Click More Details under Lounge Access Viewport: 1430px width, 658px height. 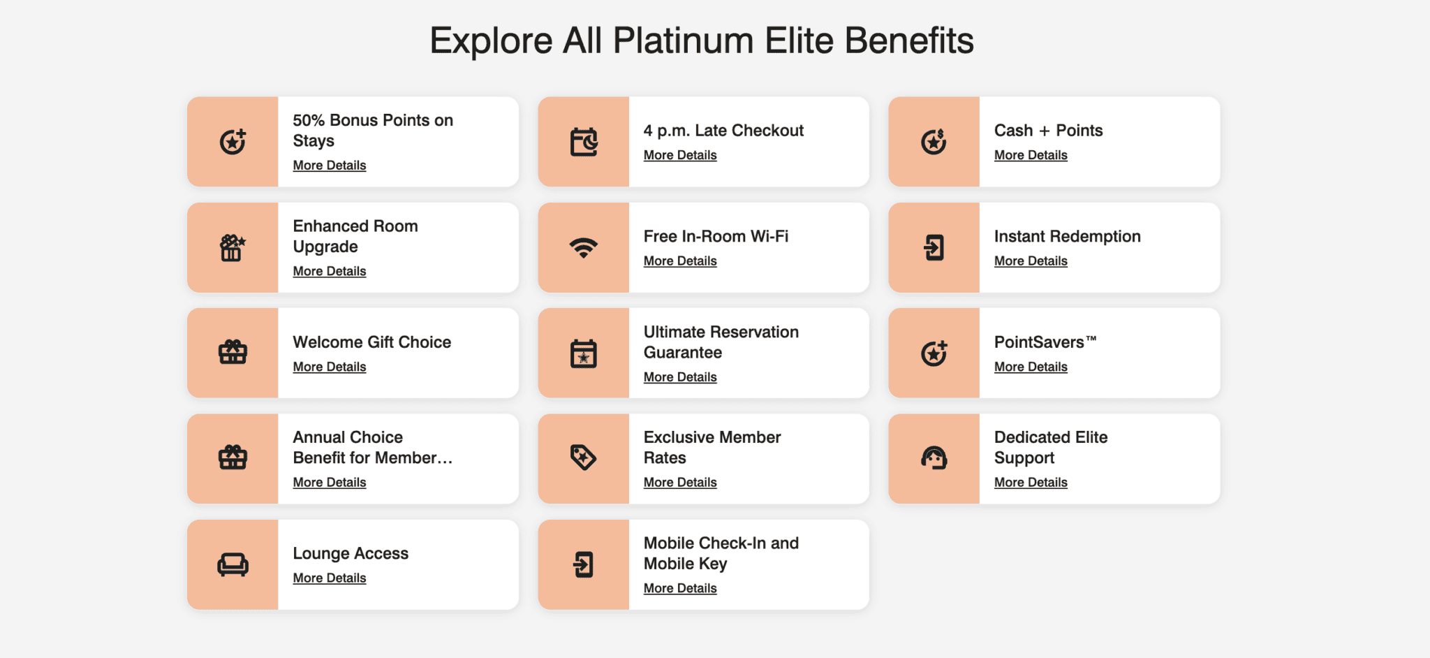tap(330, 578)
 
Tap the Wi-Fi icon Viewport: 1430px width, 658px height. tap(583, 248)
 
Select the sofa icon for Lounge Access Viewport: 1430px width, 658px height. tap(233, 564)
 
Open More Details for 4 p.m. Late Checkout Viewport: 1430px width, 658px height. tap(680, 155)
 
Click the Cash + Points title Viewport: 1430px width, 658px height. tap(1048, 131)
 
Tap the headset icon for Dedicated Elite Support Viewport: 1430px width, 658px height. tap(934, 458)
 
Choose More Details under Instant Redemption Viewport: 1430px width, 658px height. tap(1031, 261)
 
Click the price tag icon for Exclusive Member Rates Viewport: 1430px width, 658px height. tap(583, 458)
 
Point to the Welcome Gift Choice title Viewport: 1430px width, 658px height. tap(372, 342)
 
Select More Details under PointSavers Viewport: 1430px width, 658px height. tap(1031, 367)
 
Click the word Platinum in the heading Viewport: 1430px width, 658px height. tap(683, 41)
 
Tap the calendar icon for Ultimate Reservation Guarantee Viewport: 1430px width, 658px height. tap(583, 353)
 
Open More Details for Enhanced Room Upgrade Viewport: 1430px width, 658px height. tap(330, 271)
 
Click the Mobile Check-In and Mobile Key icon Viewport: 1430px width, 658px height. tap(583, 564)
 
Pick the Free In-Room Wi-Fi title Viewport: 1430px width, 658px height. tap(716, 237)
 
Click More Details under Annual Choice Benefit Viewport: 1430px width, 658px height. tap(330, 482)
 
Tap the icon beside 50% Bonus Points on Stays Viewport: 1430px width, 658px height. tap(233, 142)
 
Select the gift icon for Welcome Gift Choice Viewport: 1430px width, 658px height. tap(233, 352)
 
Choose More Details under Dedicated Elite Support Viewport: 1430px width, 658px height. tap(1031, 482)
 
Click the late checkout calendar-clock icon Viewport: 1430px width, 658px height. tap(583, 142)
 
